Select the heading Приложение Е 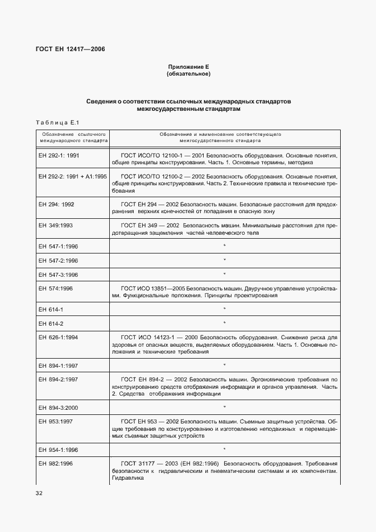click(x=188, y=67)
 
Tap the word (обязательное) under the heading click(x=188, y=74)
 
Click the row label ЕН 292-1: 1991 click(x=59, y=155)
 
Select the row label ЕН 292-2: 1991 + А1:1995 click(x=72, y=176)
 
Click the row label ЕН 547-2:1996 click(x=58, y=260)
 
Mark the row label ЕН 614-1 click(x=51, y=309)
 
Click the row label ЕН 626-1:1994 click(x=58, y=337)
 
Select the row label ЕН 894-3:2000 click(x=58, y=408)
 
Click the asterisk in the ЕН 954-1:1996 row click(x=225, y=450)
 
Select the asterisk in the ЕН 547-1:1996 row click(x=225, y=246)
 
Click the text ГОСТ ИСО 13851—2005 click(x=152, y=288)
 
